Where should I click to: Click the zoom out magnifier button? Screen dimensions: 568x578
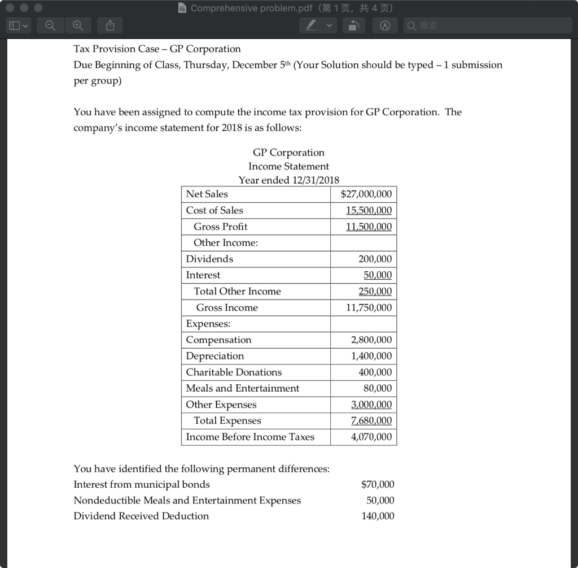tap(50, 25)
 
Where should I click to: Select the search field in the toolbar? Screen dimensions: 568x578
tap(488, 25)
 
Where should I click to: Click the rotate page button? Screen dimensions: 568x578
tap(353, 25)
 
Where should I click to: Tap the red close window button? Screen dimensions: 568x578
tap(11, 8)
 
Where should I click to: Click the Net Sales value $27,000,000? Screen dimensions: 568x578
tap(366, 194)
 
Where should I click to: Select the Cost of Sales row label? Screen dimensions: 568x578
tap(214, 210)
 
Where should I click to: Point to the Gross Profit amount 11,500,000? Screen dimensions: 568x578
tap(369, 227)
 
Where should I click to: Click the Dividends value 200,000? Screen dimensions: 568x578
tap(375, 259)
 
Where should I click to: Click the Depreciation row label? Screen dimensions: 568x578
tap(215, 356)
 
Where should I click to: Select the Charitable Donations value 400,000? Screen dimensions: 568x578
tap(375, 372)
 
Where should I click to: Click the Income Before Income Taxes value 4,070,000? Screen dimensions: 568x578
tap(371, 437)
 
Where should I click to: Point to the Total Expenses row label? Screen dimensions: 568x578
tap(227, 420)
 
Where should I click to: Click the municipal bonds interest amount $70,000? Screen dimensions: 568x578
tap(378, 484)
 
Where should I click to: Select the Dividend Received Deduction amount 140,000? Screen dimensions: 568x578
tap(378, 516)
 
